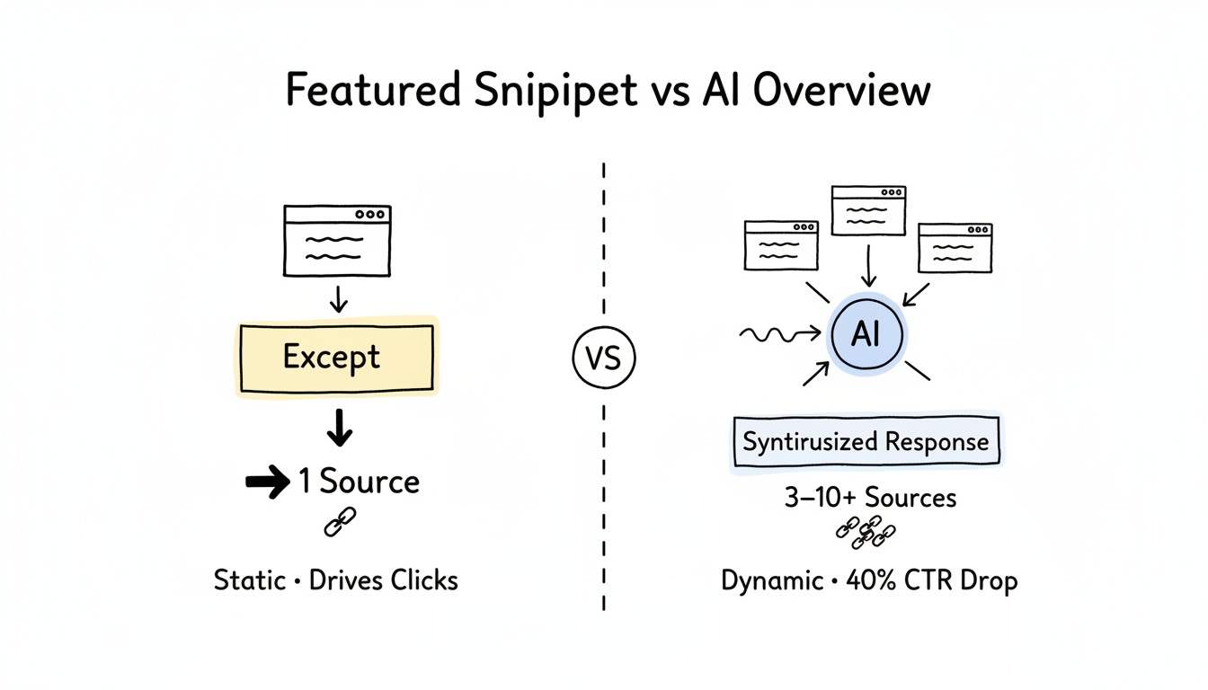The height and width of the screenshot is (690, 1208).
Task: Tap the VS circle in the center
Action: [x=603, y=358]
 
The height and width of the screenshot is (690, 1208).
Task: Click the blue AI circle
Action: [x=866, y=335]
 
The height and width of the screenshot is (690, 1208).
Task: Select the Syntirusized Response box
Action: [x=866, y=442]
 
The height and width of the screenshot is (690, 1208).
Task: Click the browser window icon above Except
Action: [x=337, y=240]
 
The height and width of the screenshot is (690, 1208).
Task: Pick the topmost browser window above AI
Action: [x=868, y=210]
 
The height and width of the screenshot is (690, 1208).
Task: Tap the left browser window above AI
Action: [x=781, y=245]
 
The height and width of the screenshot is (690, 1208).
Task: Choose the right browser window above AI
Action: [x=955, y=247]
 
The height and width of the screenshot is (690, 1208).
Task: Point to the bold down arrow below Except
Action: [x=339, y=429]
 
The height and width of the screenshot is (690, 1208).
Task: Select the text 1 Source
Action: [x=359, y=482]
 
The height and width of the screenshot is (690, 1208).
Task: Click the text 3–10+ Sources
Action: [x=869, y=497]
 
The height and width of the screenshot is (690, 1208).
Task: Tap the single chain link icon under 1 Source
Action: [x=339, y=522]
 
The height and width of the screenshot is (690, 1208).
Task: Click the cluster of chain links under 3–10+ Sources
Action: [x=865, y=532]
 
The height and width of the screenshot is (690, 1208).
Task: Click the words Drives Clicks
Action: [x=383, y=580]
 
